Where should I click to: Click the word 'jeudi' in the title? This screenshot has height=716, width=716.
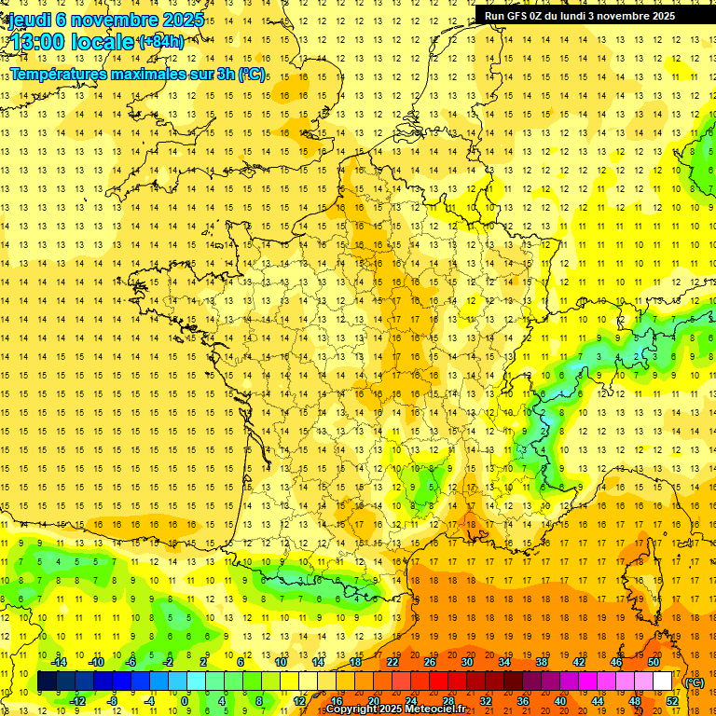(29, 19)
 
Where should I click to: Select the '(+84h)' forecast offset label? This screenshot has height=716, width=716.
(160, 41)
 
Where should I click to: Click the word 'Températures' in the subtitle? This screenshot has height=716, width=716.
(56, 73)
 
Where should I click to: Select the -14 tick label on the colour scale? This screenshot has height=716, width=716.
(60, 662)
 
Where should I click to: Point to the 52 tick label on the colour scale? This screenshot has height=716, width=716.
(672, 701)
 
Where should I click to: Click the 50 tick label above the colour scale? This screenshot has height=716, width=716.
(654, 662)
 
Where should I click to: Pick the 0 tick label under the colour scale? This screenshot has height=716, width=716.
(185, 701)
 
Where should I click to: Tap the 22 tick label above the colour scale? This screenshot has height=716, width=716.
(392, 662)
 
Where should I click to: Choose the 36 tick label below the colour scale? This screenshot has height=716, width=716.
(522, 701)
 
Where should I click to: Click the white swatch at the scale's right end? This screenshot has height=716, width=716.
(663, 682)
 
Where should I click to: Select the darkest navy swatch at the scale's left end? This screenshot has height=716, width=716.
(48, 682)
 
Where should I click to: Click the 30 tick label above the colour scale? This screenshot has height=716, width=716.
(467, 662)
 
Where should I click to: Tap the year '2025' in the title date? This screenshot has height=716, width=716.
(181, 19)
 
